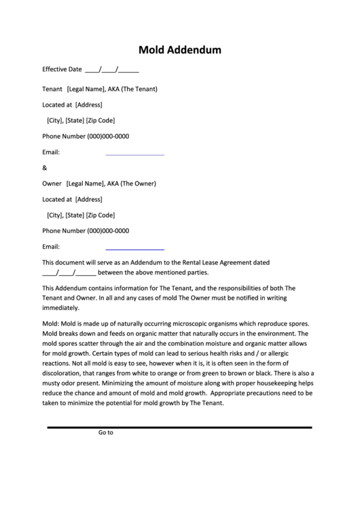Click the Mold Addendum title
click(179, 50)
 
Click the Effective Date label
click(62, 69)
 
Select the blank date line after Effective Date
click(112, 70)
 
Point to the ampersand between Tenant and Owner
click(45, 168)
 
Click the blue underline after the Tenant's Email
click(134, 155)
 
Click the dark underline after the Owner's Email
click(134, 249)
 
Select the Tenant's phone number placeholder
click(108, 136)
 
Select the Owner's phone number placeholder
click(108, 230)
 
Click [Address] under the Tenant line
click(88, 105)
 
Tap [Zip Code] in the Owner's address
click(101, 215)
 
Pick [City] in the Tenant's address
click(54, 120)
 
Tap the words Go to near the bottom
click(105, 432)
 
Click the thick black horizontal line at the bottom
click(179, 427)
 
